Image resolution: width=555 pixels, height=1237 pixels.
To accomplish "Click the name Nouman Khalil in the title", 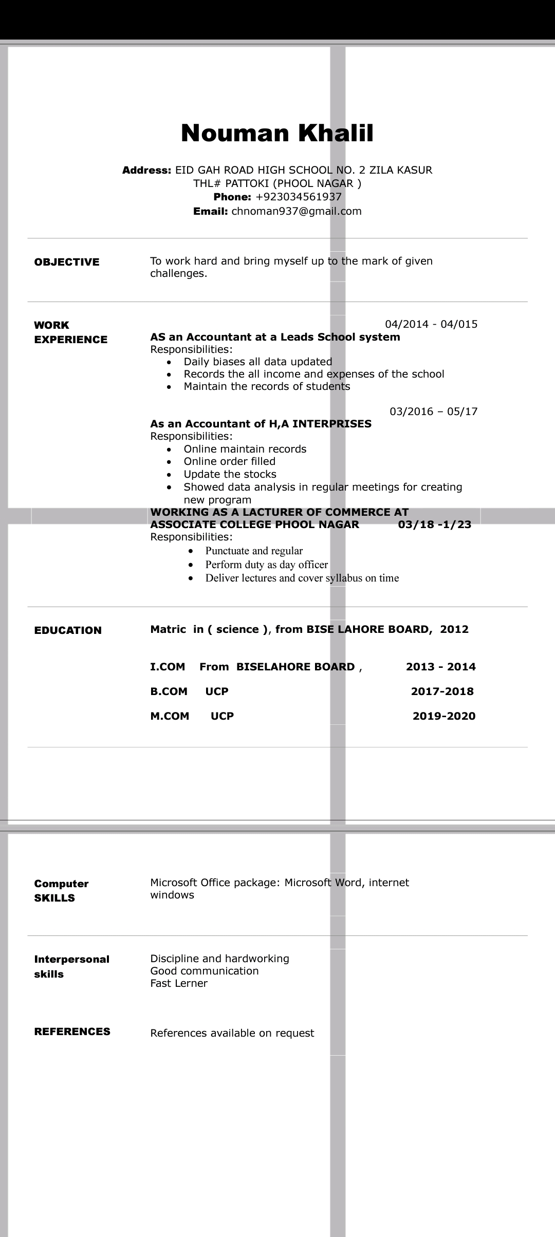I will (x=277, y=133).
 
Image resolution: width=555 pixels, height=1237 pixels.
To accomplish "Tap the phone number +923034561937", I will (x=299, y=197).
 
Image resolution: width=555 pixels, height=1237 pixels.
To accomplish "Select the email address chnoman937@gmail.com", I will (x=297, y=211).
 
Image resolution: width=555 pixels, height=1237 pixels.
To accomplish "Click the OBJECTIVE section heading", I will (x=67, y=262).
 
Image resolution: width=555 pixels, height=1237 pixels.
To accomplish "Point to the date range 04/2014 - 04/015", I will (x=431, y=324).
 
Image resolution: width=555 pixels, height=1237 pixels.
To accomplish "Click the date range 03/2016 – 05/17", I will (x=434, y=411).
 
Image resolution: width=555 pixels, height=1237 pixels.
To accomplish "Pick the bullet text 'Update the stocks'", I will (x=230, y=474).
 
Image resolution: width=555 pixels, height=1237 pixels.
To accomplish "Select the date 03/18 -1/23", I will (x=435, y=524).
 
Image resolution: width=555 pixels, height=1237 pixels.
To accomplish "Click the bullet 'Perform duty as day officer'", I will (x=266, y=565).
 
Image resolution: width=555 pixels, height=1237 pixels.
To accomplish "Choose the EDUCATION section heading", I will (x=68, y=630).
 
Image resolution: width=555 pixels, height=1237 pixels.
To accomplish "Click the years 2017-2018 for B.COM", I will (x=442, y=691).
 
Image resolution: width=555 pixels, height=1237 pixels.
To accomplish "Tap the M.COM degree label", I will (x=170, y=716).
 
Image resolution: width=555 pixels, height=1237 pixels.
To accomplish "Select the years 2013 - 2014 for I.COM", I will (x=441, y=667).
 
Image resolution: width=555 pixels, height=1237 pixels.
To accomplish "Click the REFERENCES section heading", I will (x=72, y=1032).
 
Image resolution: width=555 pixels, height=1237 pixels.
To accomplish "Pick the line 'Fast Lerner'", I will (x=179, y=983).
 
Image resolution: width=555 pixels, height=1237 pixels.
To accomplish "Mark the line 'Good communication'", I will (x=205, y=971).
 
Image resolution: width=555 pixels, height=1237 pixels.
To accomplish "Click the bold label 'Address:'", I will (x=146, y=170).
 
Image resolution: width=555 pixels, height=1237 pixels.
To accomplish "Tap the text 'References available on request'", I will (x=232, y=1033).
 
